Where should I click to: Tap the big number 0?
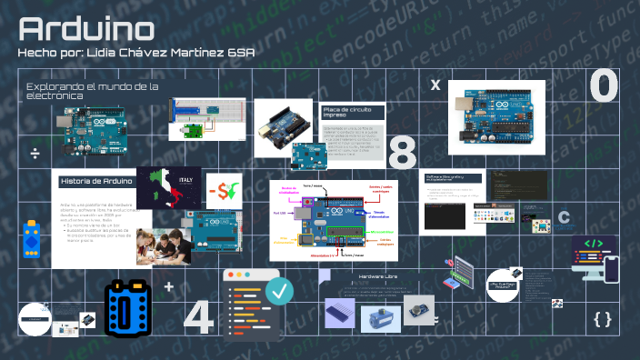coord(605,88)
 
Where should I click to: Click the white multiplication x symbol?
coord(435,85)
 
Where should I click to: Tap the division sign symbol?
coord(35,151)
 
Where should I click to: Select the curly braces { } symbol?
coord(602,318)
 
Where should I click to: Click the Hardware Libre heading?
coord(377,275)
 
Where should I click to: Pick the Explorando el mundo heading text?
coord(92,89)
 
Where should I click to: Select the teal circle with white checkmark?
coord(282,291)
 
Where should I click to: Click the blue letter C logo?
coord(565,217)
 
